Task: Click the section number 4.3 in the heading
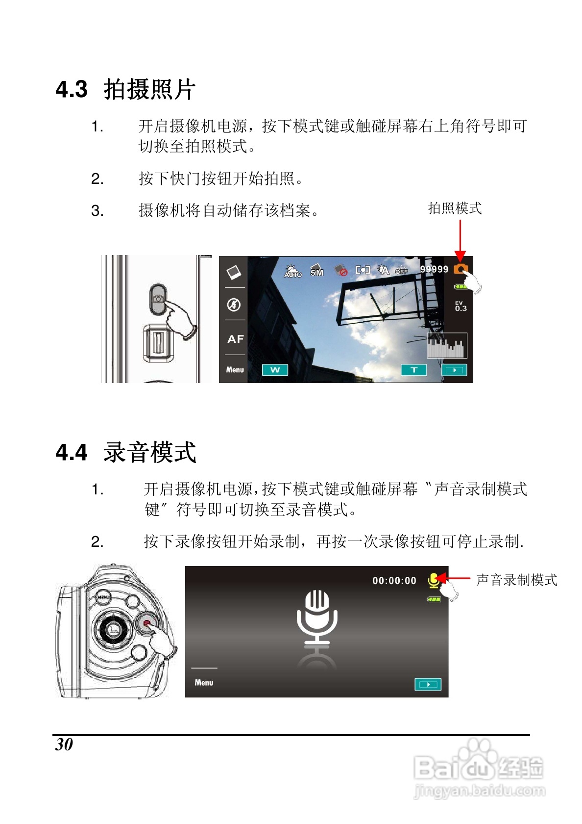click(72, 89)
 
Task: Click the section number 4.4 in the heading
click(72, 452)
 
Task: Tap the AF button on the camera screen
click(235, 339)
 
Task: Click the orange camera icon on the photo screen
click(461, 269)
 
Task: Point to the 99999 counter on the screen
click(434, 269)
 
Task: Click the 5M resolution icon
click(316, 270)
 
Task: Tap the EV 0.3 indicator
click(461, 306)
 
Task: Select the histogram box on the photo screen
click(447, 345)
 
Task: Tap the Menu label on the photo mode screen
click(235, 370)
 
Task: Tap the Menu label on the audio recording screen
click(204, 682)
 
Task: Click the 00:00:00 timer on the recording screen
click(394, 581)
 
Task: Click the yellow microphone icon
click(434, 581)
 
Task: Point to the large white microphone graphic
click(317, 622)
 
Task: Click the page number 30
click(64, 744)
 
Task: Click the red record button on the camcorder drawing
click(146, 622)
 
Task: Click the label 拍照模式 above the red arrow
click(455, 208)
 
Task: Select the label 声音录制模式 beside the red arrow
click(516, 580)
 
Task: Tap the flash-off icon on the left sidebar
click(234, 305)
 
